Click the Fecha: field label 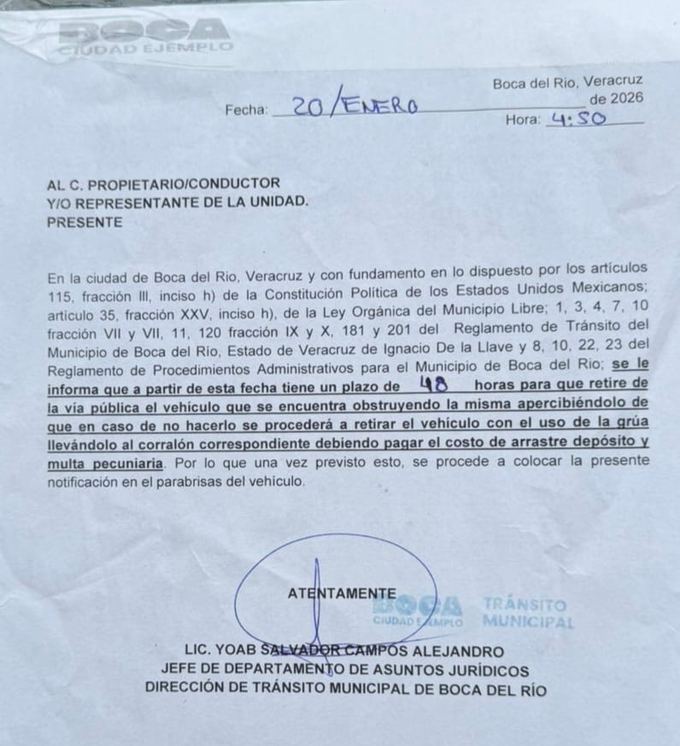[246, 109]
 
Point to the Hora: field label [522, 120]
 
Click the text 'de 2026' [615, 99]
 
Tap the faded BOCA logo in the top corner [145, 36]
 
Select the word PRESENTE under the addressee [85, 222]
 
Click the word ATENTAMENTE [342, 593]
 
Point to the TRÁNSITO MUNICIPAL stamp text [525, 612]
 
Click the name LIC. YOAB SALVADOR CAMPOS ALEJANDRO [344, 651]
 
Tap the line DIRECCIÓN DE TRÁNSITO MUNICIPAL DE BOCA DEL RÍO [345, 690]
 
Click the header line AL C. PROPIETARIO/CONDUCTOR [163, 184]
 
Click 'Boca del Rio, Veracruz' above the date [567, 83]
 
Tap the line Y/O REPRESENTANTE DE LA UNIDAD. [179, 202]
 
